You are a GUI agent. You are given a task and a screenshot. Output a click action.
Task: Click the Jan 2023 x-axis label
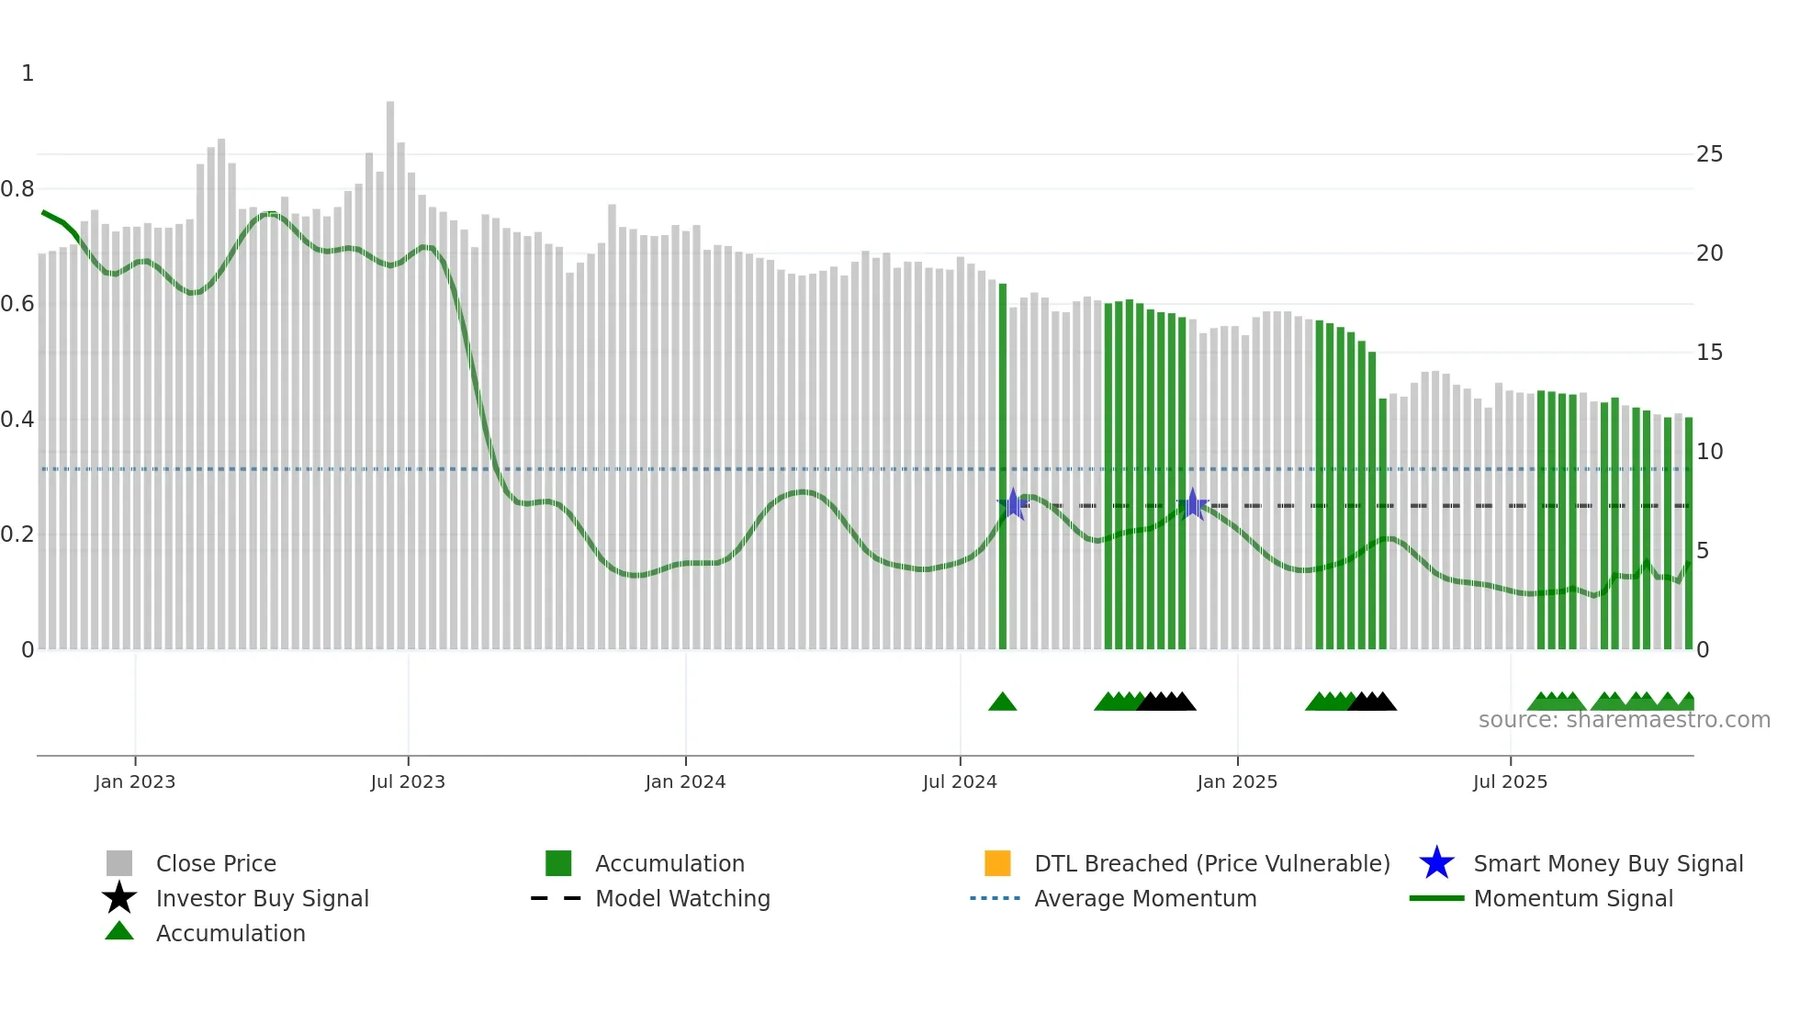[134, 781]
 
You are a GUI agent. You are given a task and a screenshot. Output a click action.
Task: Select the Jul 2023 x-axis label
[408, 781]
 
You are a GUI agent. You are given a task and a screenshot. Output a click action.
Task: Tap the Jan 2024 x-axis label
[685, 781]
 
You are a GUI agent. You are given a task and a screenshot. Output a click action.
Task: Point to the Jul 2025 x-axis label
[1510, 781]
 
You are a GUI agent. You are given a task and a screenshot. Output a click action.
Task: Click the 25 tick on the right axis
[1709, 154]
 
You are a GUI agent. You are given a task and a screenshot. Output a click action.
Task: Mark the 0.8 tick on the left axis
[17, 189]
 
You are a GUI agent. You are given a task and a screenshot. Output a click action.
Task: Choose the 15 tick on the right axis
[1709, 353]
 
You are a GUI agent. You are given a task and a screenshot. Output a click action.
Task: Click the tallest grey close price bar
[390, 367]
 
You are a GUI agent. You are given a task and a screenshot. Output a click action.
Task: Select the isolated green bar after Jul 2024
[1003, 459]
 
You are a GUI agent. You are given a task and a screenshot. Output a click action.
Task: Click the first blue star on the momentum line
[1013, 504]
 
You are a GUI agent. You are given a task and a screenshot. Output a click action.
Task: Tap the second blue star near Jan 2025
[1192, 504]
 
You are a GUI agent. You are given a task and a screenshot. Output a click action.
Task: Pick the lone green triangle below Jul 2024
[1003, 703]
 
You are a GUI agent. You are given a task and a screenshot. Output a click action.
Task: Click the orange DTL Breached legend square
[997, 863]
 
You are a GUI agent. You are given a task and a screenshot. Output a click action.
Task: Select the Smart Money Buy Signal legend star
[1436, 863]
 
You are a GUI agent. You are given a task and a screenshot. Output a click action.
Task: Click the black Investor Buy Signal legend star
[119, 898]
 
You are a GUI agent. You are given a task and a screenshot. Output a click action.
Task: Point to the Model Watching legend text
[682, 898]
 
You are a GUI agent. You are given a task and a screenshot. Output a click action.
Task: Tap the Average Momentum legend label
[1145, 898]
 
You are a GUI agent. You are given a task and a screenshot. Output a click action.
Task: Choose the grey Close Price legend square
[119, 863]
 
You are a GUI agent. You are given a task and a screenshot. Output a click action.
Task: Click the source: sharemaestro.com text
[1624, 720]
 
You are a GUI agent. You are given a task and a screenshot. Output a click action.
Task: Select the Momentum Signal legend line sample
[1436, 898]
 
